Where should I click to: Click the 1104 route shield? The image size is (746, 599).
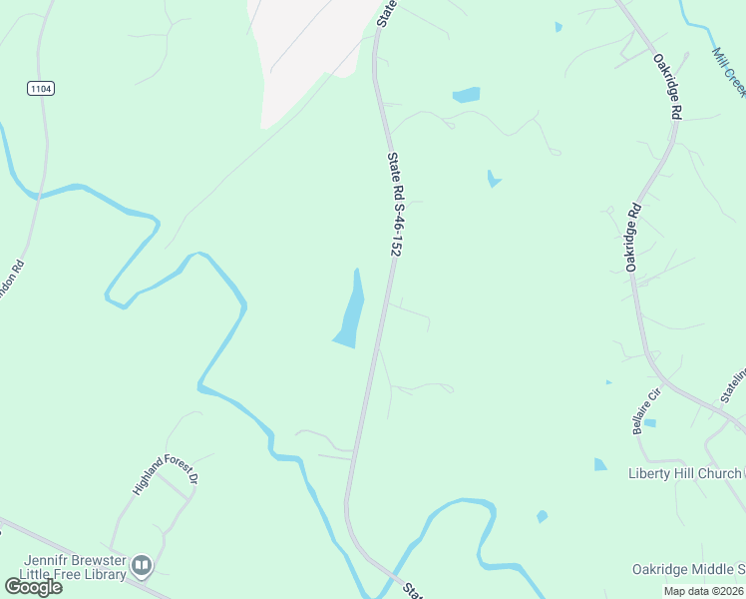[x=40, y=89]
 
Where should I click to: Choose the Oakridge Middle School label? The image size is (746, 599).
[x=688, y=569]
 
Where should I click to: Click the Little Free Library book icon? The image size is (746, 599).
[x=142, y=566]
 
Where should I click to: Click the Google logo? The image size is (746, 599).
[x=33, y=587]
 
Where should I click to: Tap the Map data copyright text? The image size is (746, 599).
[x=703, y=590]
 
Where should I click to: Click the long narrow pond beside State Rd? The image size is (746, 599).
[x=350, y=310]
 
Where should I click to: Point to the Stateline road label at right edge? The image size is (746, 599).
[x=733, y=385]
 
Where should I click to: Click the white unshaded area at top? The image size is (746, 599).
[x=304, y=50]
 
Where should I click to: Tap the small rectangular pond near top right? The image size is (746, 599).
[x=466, y=95]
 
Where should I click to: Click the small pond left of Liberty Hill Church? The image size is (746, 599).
[x=599, y=464]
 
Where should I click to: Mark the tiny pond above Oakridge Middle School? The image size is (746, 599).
[x=542, y=516]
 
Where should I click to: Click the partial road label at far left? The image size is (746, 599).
[x=11, y=289]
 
